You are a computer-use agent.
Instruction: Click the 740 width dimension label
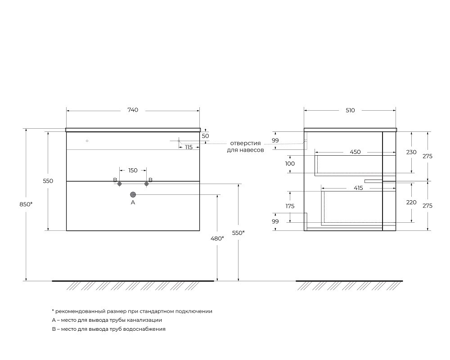(133, 110)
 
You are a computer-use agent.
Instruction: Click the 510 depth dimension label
(350, 110)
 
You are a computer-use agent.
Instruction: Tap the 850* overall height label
(26, 204)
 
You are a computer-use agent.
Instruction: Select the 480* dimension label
(217, 238)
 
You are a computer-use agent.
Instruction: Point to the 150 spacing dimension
(133, 171)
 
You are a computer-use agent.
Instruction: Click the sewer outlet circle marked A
(133, 195)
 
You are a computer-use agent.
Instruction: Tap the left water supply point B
(120, 184)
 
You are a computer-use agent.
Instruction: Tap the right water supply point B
(146, 184)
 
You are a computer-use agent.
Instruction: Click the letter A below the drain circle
(133, 202)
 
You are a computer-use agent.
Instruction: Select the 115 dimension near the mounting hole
(189, 147)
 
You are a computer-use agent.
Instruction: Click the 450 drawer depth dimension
(355, 152)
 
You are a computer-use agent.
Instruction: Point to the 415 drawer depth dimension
(359, 188)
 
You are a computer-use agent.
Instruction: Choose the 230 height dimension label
(411, 152)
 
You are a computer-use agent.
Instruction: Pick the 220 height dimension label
(411, 202)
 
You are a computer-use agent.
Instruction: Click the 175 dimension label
(290, 206)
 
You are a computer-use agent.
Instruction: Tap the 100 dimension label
(290, 164)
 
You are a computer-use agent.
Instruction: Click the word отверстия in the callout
(245, 143)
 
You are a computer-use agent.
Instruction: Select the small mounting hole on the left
(87, 141)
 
